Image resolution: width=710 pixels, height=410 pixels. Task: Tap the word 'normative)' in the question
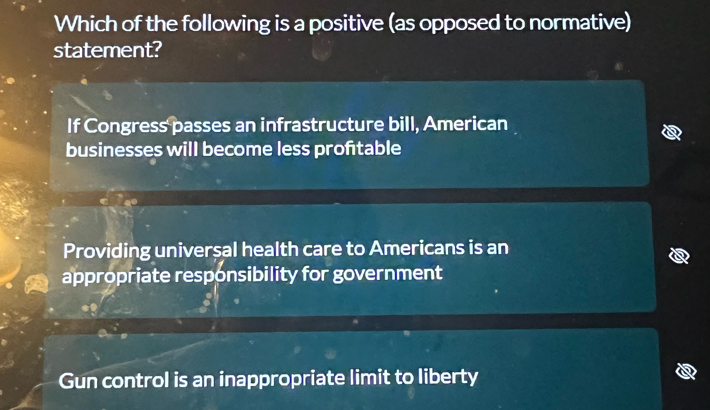[580, 23]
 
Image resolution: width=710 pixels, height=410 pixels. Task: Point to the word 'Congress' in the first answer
[126, 126]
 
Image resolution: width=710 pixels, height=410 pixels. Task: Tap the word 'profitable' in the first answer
[357, 149]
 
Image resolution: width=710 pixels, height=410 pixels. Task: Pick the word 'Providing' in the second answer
[107, 250]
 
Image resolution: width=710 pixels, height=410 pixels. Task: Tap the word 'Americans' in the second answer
[416, 248]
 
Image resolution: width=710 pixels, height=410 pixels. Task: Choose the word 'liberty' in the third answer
[448, 377]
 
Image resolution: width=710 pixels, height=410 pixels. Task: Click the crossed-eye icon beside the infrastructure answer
[672, 132]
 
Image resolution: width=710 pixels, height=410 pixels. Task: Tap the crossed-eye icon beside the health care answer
[679, 256]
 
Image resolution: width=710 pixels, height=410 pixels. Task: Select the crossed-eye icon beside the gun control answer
[686, 371]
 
